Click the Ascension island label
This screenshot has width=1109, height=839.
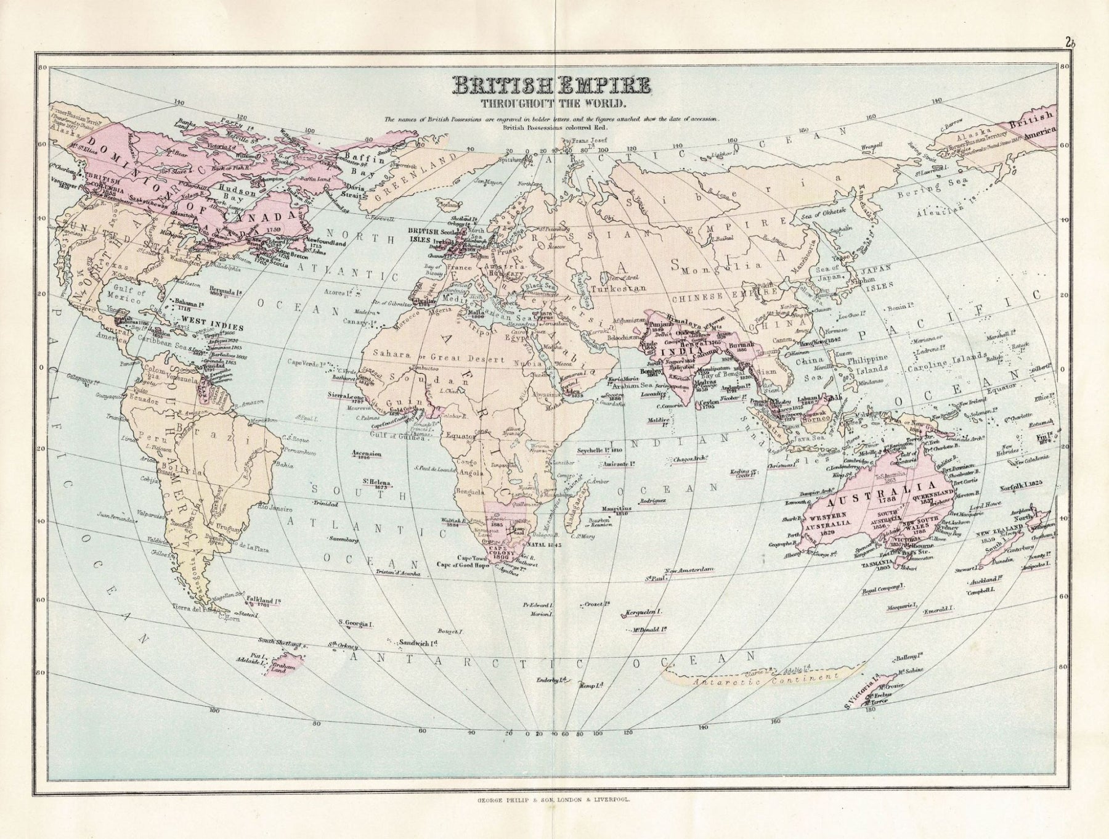point(367,454)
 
